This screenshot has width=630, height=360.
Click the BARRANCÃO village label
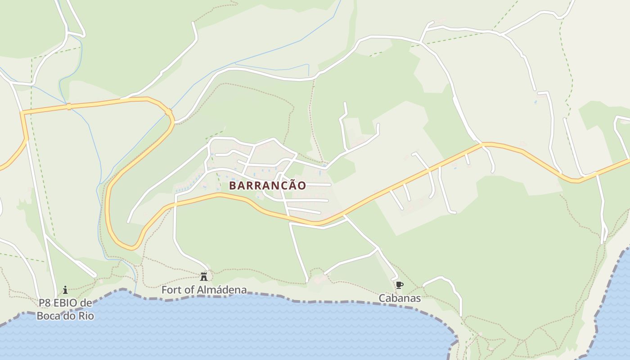tap(267, 185)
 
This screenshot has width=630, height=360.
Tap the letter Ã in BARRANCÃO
tap(291, 185)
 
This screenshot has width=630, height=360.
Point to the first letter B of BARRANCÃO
tap(233, 185)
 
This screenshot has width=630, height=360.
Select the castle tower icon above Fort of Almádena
tap(204, 276)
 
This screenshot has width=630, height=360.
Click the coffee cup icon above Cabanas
tap(399, 285)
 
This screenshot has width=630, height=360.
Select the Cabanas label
tap(400, 298)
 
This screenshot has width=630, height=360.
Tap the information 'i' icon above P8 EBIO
tap(65, 289)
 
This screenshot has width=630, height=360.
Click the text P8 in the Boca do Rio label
tap(45, 303)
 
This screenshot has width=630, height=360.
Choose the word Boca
tap(48, 315)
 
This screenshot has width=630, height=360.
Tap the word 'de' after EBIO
tap(86, 303)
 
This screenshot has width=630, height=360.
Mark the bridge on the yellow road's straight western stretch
tap(69, 107)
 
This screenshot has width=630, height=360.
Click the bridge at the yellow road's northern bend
tap(168, 112)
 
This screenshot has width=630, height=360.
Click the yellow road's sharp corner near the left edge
tap(22, 113)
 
